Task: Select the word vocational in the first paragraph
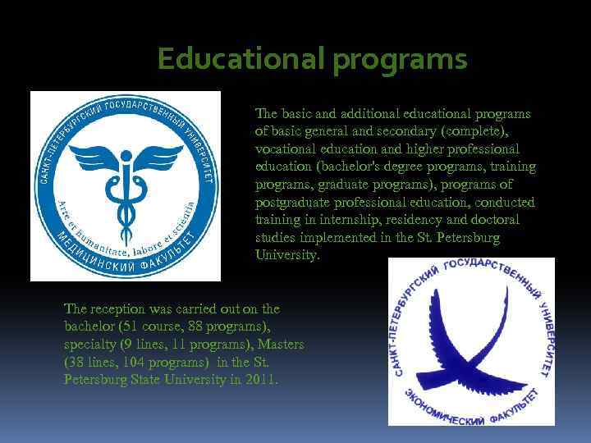[284, 148]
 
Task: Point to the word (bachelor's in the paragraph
[341, 167]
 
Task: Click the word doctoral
[495, 221]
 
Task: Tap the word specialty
[91, 345]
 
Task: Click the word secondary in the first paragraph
[410, 131]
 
